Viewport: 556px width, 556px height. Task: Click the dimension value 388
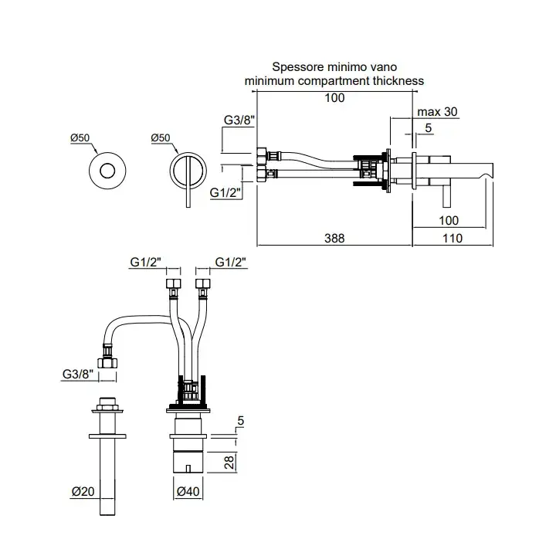334,239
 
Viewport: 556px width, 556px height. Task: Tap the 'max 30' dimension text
437,112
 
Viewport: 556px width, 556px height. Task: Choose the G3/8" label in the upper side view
239,120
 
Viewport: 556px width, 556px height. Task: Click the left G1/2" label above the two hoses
144,263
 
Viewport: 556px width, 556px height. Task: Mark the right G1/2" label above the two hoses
230,263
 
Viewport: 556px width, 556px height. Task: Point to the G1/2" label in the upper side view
225,192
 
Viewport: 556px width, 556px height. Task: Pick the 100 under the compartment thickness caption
334,97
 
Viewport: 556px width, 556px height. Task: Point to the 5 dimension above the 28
241,421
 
